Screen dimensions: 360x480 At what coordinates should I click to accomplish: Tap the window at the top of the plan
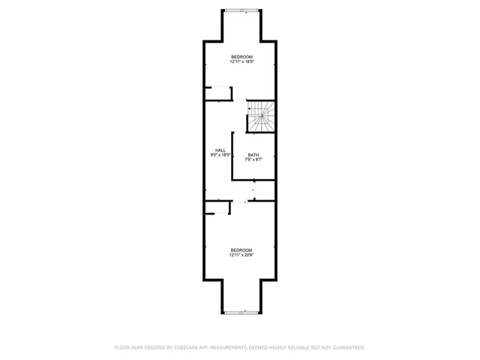[241, 10]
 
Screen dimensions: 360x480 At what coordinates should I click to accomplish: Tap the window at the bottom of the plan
[241, 311]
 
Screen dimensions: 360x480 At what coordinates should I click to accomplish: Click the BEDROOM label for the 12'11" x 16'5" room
[241, 57]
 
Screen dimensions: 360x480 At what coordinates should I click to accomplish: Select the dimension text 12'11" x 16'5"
[241, 62]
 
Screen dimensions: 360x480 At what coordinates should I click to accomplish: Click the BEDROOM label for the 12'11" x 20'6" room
[241, 250]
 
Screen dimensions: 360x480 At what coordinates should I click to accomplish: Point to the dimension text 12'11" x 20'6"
[241, 255]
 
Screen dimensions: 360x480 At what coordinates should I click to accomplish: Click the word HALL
[220, 150]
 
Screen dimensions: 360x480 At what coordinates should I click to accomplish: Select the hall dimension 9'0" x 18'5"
[220, 155]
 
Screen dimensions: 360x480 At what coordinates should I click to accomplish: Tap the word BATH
[253, 155]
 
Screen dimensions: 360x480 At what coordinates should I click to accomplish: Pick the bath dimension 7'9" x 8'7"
[253, 160]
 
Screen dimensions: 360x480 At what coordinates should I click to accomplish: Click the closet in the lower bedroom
[216, 207]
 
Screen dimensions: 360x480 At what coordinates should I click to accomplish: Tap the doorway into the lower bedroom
[241, 200]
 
